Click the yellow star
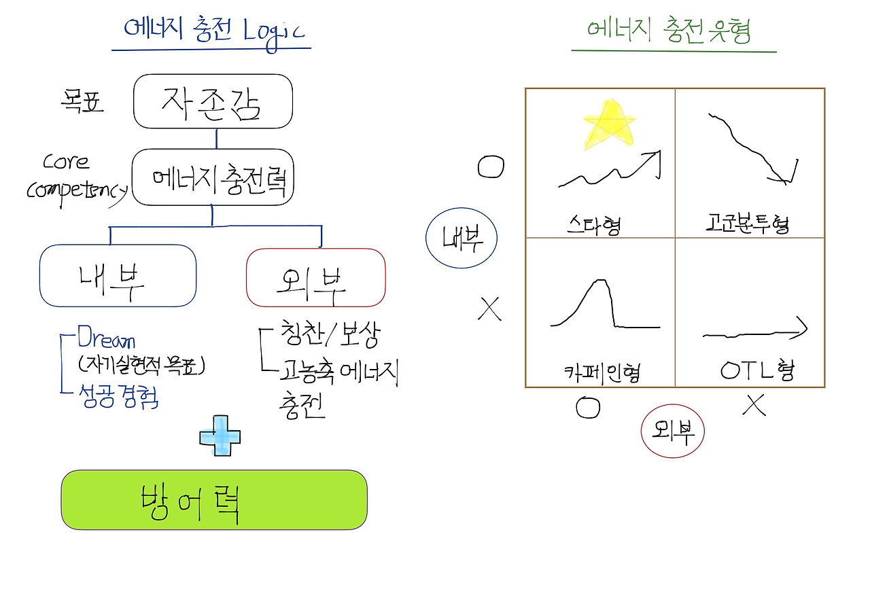609,125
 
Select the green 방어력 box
214,499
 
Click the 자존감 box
213,101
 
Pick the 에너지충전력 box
213,179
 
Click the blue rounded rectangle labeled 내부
118,276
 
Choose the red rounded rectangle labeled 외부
315,278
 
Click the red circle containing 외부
672,431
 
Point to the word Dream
106,339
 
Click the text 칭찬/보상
330,335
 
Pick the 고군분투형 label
748,223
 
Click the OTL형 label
756,370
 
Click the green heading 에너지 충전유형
669,31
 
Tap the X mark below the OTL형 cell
754,405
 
